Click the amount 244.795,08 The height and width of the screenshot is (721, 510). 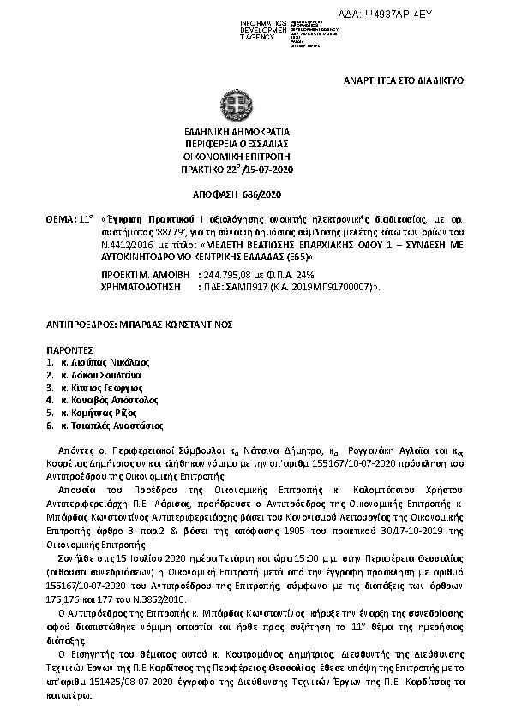(x=225, y=274)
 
